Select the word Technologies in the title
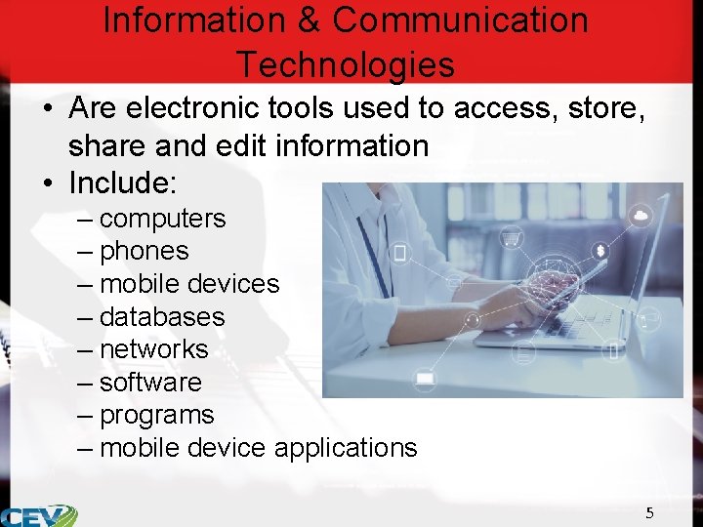click(346, 64)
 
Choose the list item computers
click(162, 218)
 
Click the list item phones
click(144, 251)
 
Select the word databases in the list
click(161, 317)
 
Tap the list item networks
click(153, 349)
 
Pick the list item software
click(150, 383)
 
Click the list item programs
click(156, 415)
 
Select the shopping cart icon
click(510, 236)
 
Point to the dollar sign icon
click(600, 251)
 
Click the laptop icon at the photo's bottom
click(425, 379)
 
